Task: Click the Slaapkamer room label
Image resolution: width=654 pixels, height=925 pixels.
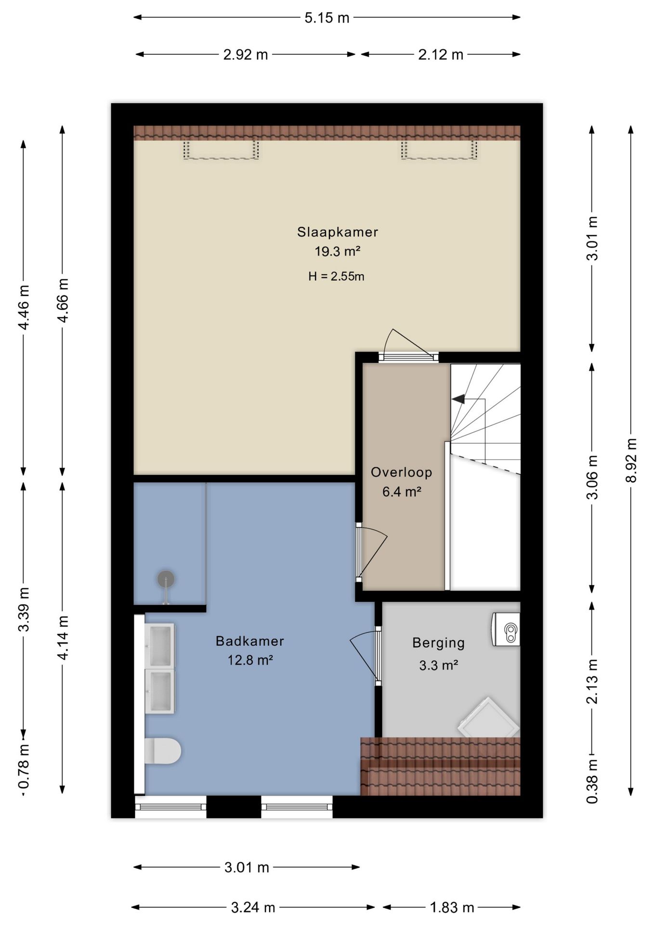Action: (x=337, y=232)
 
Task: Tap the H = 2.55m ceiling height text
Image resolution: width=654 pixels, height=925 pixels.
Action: (x=336, y=277)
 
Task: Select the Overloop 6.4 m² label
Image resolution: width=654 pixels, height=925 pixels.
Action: (x=401, y=482)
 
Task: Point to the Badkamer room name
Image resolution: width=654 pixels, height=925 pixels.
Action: (x=249, y=641)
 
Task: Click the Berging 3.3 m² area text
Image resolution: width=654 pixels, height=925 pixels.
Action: (x=438, y=654)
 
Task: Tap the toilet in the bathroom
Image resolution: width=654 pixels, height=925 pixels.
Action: (x=163, y=751)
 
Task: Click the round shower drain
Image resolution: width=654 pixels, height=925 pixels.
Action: (x=166, y=579)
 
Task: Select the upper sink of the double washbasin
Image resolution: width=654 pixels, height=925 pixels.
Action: (x=160, y=645)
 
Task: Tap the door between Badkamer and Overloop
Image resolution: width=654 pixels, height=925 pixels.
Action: (x=371, y=550)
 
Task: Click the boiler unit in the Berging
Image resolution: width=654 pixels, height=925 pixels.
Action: (x=505, y=629)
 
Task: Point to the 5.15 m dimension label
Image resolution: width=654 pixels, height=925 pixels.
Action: (x=327, y=18)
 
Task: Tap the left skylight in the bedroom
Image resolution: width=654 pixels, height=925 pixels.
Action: (x=221, y=149)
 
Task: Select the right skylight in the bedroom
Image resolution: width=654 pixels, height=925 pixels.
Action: (x=439, y=149)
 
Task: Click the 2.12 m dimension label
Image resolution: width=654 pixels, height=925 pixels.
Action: (x=441, y=54)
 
